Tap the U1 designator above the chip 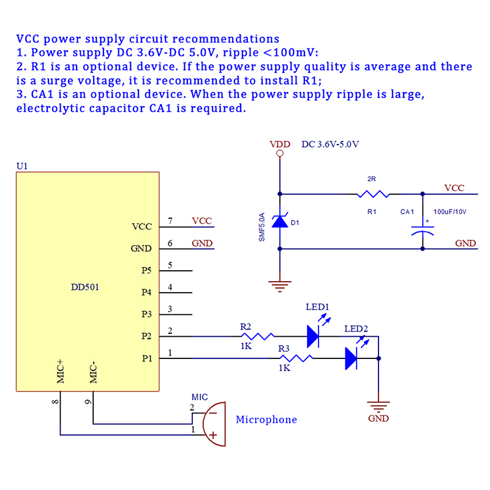click(21, 166)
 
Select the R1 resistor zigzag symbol click(372, 195)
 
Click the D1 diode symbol click(280, 221)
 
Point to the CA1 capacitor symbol click(423, 230)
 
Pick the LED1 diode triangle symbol click(313, 336)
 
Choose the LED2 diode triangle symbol click(351, 358)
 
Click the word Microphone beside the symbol click(266, 420)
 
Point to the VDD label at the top click(280, 145)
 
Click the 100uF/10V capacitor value click(450, 212)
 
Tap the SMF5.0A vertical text click(262, 227)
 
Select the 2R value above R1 click(371, 179)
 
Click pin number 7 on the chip click(170, 221)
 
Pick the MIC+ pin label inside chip click(61, 372)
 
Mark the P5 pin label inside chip click(146, 270)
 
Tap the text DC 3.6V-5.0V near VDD click(330, 145)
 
